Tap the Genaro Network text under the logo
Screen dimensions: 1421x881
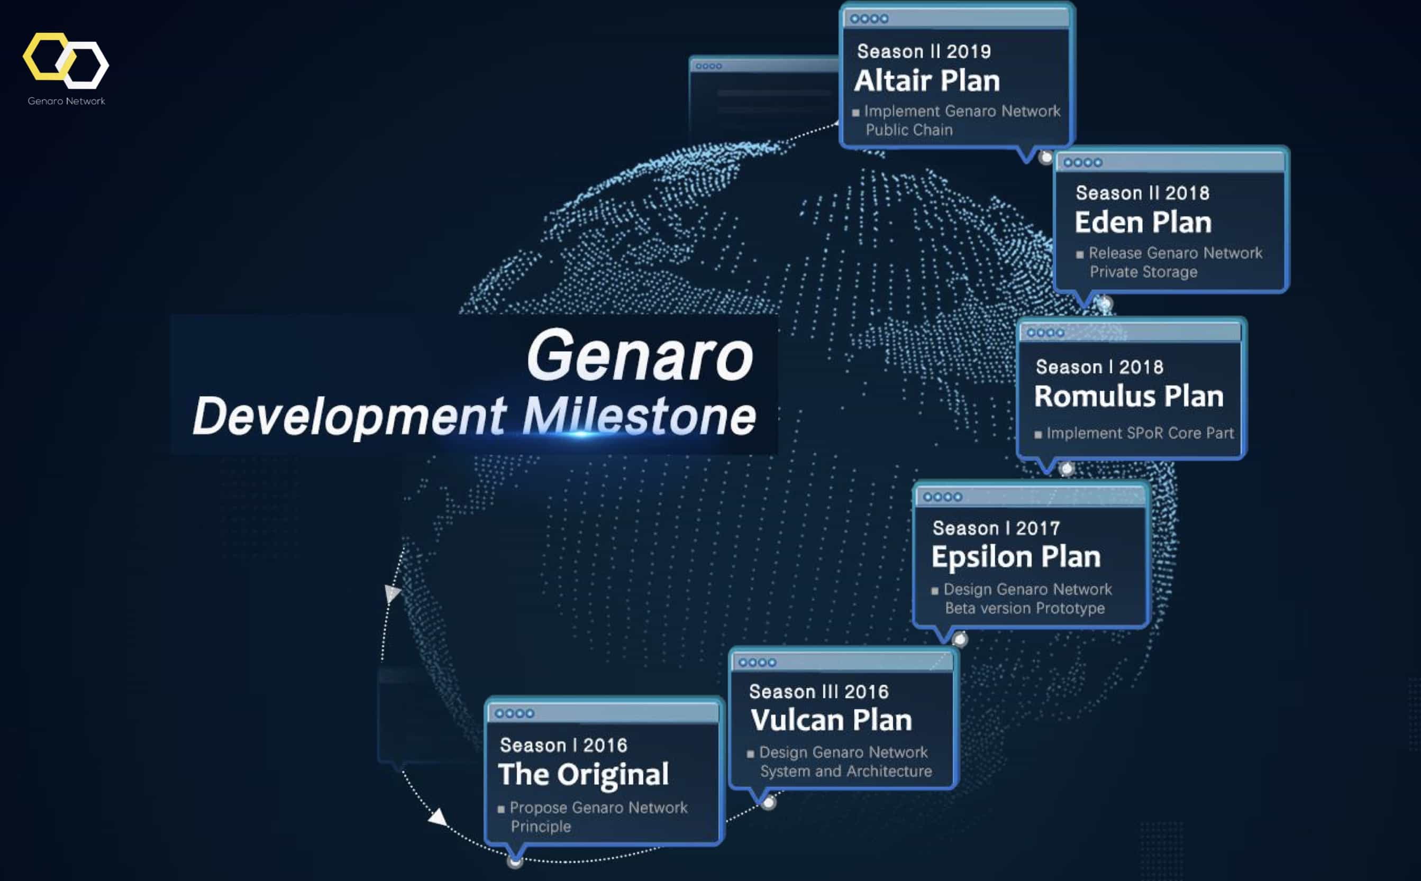[x=67, y=101]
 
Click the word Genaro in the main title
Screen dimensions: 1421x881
[x=640, y=355]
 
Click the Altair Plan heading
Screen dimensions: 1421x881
[x=927, y=80]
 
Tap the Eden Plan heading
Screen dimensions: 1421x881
[x=1143, y=222]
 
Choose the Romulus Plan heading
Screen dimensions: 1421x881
[x=1128, y=396]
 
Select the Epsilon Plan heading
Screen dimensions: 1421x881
[x=1016, y=557]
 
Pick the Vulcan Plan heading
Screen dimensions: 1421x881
[x=831, y=720]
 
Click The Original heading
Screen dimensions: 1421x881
[x=584, y=775]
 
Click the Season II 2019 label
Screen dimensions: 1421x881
[x=924, y=51]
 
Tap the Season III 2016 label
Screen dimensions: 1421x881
[x=818, y=692]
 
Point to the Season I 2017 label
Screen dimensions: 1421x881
[x=996, y=528]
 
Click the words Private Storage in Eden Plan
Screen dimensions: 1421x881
[x=1144, y=272]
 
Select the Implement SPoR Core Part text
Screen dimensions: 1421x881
[x=1140, y=433]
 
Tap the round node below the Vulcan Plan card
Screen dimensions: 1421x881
[x=769, y=803]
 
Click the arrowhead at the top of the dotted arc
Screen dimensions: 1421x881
[x=392, y=593]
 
